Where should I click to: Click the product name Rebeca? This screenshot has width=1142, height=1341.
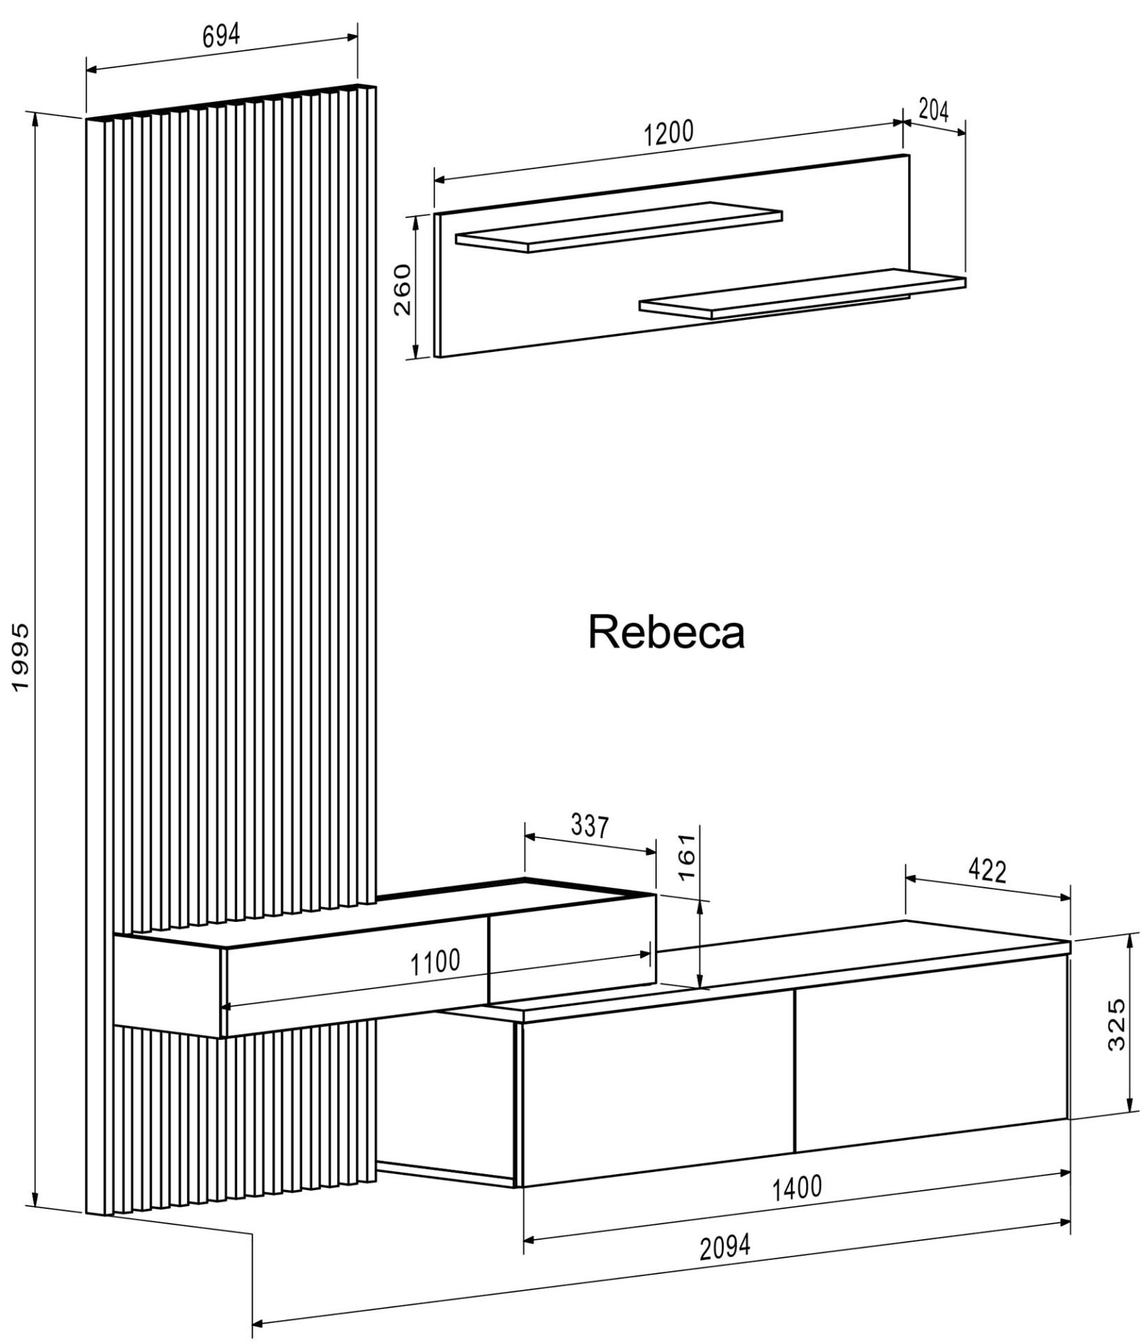tap(667, 633)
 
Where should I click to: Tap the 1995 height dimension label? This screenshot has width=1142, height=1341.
tap(21, 657)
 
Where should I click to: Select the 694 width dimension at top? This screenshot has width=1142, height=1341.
tap(221, 36)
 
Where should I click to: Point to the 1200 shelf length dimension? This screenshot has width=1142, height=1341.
tap(668, 132)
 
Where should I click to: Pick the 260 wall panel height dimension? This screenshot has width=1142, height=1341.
tap(403, 290)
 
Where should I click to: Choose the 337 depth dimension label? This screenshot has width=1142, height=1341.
tap(590, 826)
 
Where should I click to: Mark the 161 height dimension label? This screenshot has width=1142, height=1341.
tap(687, 856)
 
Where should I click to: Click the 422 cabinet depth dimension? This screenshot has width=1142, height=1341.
tap(988, 871)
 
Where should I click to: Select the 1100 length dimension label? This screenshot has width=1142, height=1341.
tap(434, 963)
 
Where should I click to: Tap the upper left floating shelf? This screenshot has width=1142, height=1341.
tap(618, 227)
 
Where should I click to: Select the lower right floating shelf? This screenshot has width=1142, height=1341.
tap(803, 294)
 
